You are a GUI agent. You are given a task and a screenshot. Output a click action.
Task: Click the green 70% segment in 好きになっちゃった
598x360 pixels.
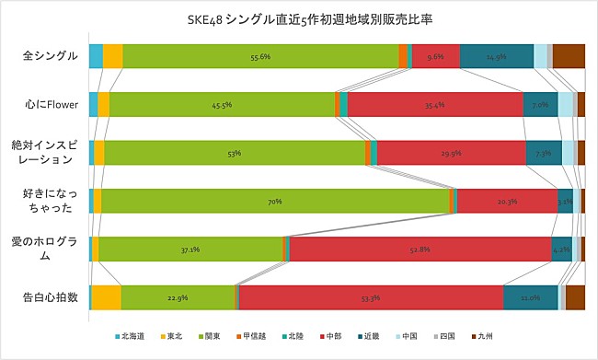coord(274,201)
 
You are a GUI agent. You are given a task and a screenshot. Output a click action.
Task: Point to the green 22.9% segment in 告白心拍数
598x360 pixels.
coord(178,297)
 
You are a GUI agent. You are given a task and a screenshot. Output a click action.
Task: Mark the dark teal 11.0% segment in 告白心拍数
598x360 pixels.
coord(530,297)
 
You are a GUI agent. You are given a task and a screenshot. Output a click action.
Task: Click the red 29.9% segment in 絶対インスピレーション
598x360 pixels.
coord(451,153)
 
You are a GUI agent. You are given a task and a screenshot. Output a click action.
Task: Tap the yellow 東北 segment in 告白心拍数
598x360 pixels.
coord(106,297)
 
